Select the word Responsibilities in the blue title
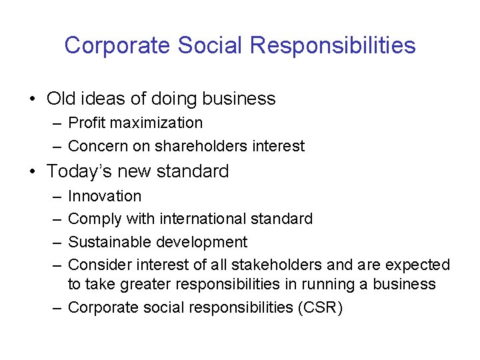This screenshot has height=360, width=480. (x=333, y=45)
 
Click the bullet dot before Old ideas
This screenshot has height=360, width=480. (x=32, y=99)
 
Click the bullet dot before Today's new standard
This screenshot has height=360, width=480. (x=32, y=172)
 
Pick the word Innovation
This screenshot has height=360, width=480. (x=105, y=196)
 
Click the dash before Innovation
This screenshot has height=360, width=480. (x=54, y=196)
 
